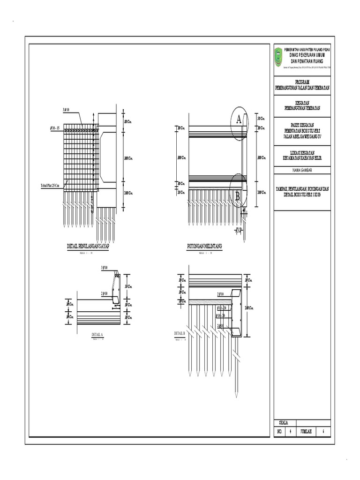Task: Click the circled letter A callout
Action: (239, 120)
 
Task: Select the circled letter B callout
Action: (238, 196)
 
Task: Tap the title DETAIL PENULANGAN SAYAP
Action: (89, 246)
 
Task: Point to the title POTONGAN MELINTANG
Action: (204, 246)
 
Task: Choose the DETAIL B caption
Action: (180, 333)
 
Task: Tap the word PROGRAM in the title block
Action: (302, 82)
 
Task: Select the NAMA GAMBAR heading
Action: (302, 169)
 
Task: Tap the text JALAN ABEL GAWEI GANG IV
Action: (302, 136)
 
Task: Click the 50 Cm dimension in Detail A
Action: (128, 286)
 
